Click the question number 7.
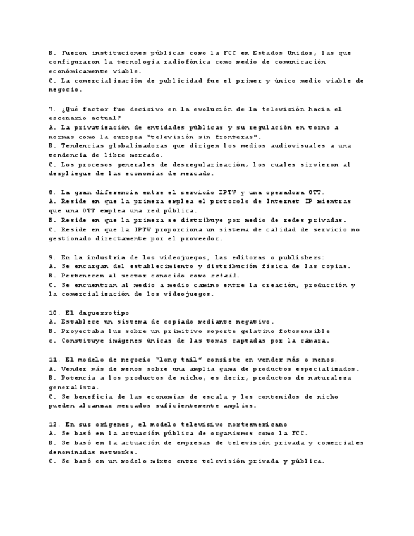[51, 109]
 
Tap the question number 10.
[53, 312]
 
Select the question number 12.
[53, 423]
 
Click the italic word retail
[224, 276]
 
